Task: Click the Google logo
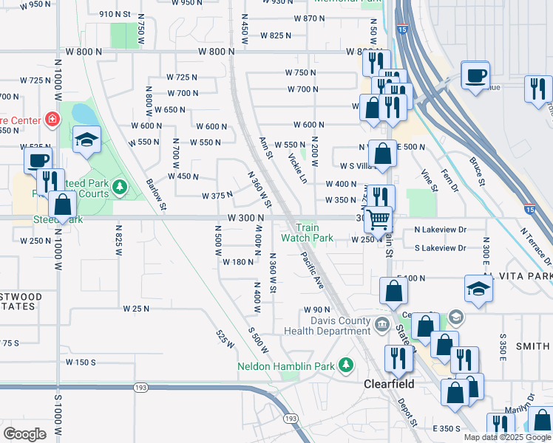pyautogui.click(x=24, y=434)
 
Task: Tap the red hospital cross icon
pyautogui.click(x=52, y=118)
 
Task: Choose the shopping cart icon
pyautogui.click(x=378, y=219)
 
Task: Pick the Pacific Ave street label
pyautogui.click(x=312, y=270)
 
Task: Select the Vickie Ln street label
pyautogui.click(x=298, y=167)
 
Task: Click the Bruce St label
pyautogui.click(x=475, y=171)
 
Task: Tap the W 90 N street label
pyautogui.click(x=316, y=309)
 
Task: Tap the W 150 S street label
pyautogui.click(x=81, y=362)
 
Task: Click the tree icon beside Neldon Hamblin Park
pyautogui.click(x=345, y=365)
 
